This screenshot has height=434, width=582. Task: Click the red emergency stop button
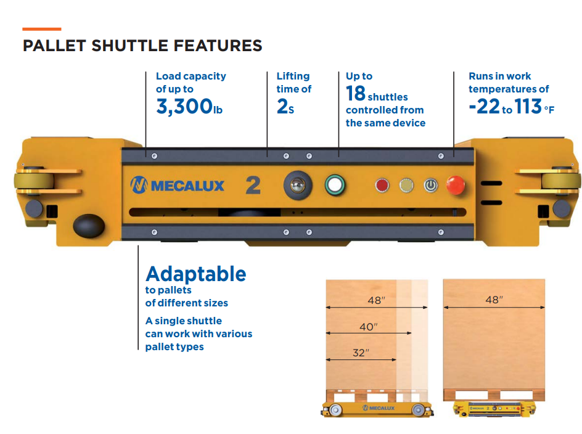(456, 185)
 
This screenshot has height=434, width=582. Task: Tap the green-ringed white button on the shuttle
(335, 184)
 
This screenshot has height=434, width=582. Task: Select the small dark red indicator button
(382, 185)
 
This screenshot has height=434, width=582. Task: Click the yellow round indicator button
(406, 185)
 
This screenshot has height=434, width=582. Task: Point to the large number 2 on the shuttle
(253, 185)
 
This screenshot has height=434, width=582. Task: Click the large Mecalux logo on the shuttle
(177, 185)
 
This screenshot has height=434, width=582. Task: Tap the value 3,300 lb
(189, 107)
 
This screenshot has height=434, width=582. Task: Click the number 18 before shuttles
(356, 93)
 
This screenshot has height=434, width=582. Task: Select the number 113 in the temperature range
(528, 107)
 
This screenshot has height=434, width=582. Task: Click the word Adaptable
(196, 274)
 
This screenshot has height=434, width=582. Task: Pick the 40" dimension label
(368, 327)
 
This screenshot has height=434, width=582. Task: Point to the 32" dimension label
(361, 353)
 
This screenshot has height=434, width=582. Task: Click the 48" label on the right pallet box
(494, 300)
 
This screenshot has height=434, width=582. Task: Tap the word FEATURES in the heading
(218, 46)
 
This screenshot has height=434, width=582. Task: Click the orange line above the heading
(41, 29)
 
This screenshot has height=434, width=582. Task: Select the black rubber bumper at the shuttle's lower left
(89, 226)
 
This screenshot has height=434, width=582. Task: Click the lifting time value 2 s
(285, 107)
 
